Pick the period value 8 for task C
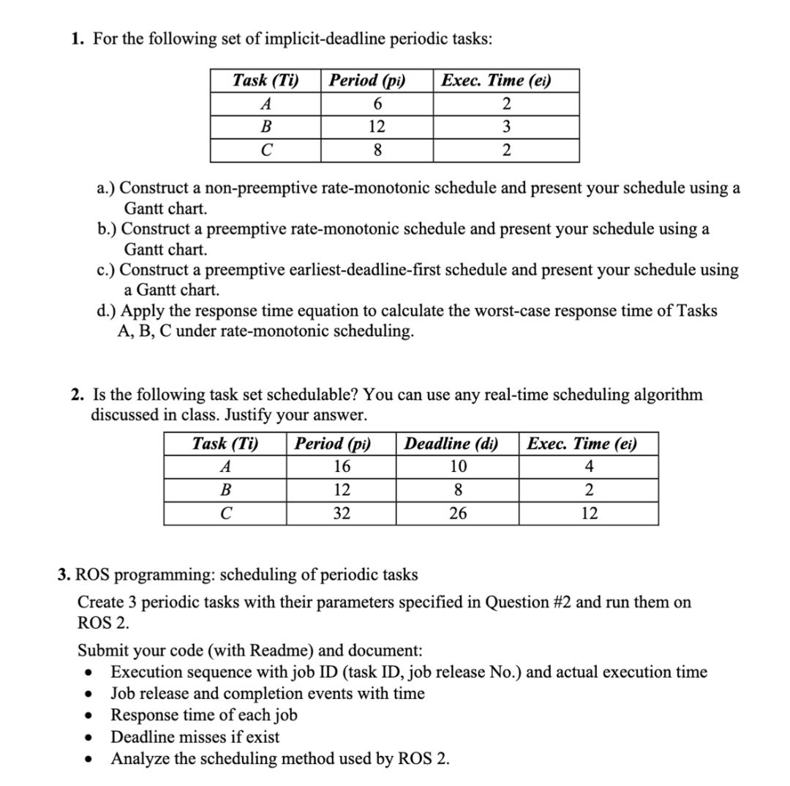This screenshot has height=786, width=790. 377,151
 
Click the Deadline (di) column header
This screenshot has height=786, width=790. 451,443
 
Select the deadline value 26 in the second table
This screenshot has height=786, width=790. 457,514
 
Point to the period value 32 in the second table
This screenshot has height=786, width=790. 341,514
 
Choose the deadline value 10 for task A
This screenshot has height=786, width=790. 457,467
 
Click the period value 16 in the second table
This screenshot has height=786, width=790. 341,467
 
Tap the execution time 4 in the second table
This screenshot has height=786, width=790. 589,467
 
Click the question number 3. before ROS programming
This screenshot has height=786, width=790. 64,574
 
